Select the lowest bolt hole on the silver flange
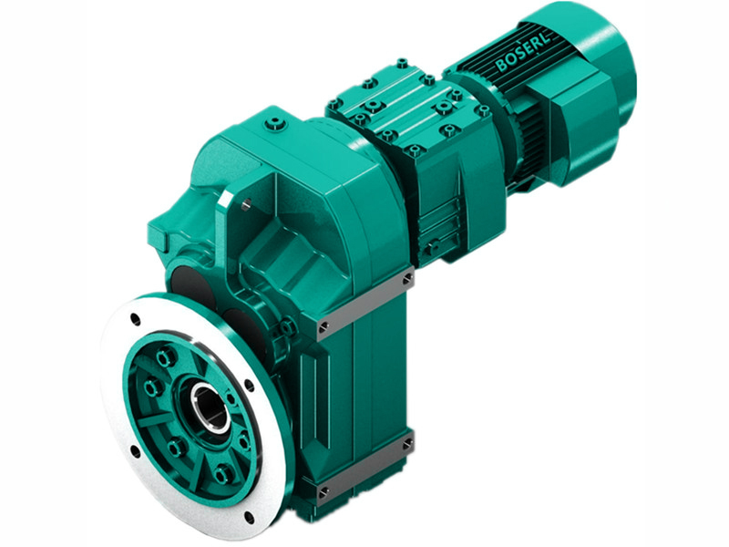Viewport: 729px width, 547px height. coord(248,516)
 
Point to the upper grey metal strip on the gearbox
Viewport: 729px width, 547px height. coord(364,302)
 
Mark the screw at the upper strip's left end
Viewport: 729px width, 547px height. coord(323,325)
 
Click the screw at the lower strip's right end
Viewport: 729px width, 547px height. coord(406,444)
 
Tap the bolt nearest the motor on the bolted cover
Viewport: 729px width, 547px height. coord(483,110)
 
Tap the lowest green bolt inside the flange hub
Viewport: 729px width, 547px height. coord(221,474)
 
